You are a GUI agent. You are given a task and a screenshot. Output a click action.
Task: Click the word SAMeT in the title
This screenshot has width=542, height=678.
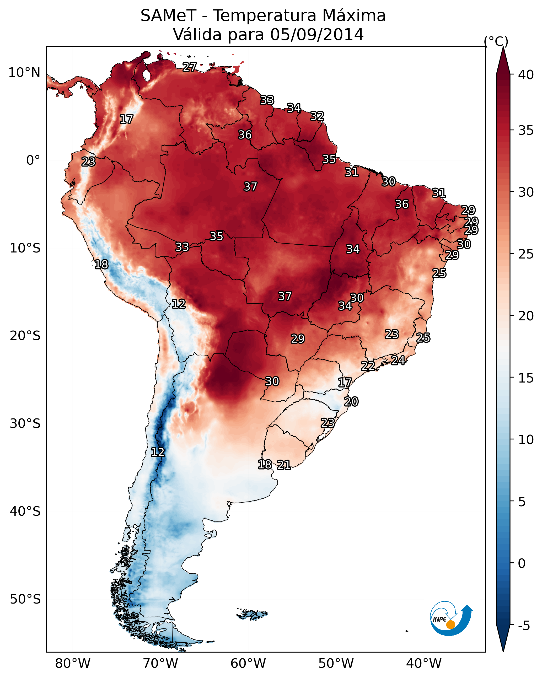point(169,16)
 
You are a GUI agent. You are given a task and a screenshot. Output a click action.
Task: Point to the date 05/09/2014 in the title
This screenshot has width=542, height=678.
point(317,34)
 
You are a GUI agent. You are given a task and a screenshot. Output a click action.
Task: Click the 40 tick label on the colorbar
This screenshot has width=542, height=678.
point(526,75)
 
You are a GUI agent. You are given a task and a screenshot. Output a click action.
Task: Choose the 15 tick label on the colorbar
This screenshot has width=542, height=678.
point(526,378)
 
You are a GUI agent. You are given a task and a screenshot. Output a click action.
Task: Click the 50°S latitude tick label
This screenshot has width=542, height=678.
point(25,599)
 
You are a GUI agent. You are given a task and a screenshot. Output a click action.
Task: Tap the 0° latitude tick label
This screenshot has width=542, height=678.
point(33,160)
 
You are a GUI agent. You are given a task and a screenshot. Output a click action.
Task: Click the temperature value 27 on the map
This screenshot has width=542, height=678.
point(190,67)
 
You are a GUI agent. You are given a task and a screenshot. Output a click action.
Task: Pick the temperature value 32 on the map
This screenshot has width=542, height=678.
point(317,116)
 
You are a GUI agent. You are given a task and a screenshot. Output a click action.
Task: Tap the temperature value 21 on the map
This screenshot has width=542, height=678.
point(284,465)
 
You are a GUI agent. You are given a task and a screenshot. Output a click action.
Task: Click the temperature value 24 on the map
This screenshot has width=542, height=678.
point(398,360)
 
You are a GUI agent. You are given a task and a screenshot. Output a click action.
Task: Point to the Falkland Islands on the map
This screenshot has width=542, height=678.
point(252,615)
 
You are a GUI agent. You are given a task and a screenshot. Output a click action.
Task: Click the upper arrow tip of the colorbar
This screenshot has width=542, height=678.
point(503,47)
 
